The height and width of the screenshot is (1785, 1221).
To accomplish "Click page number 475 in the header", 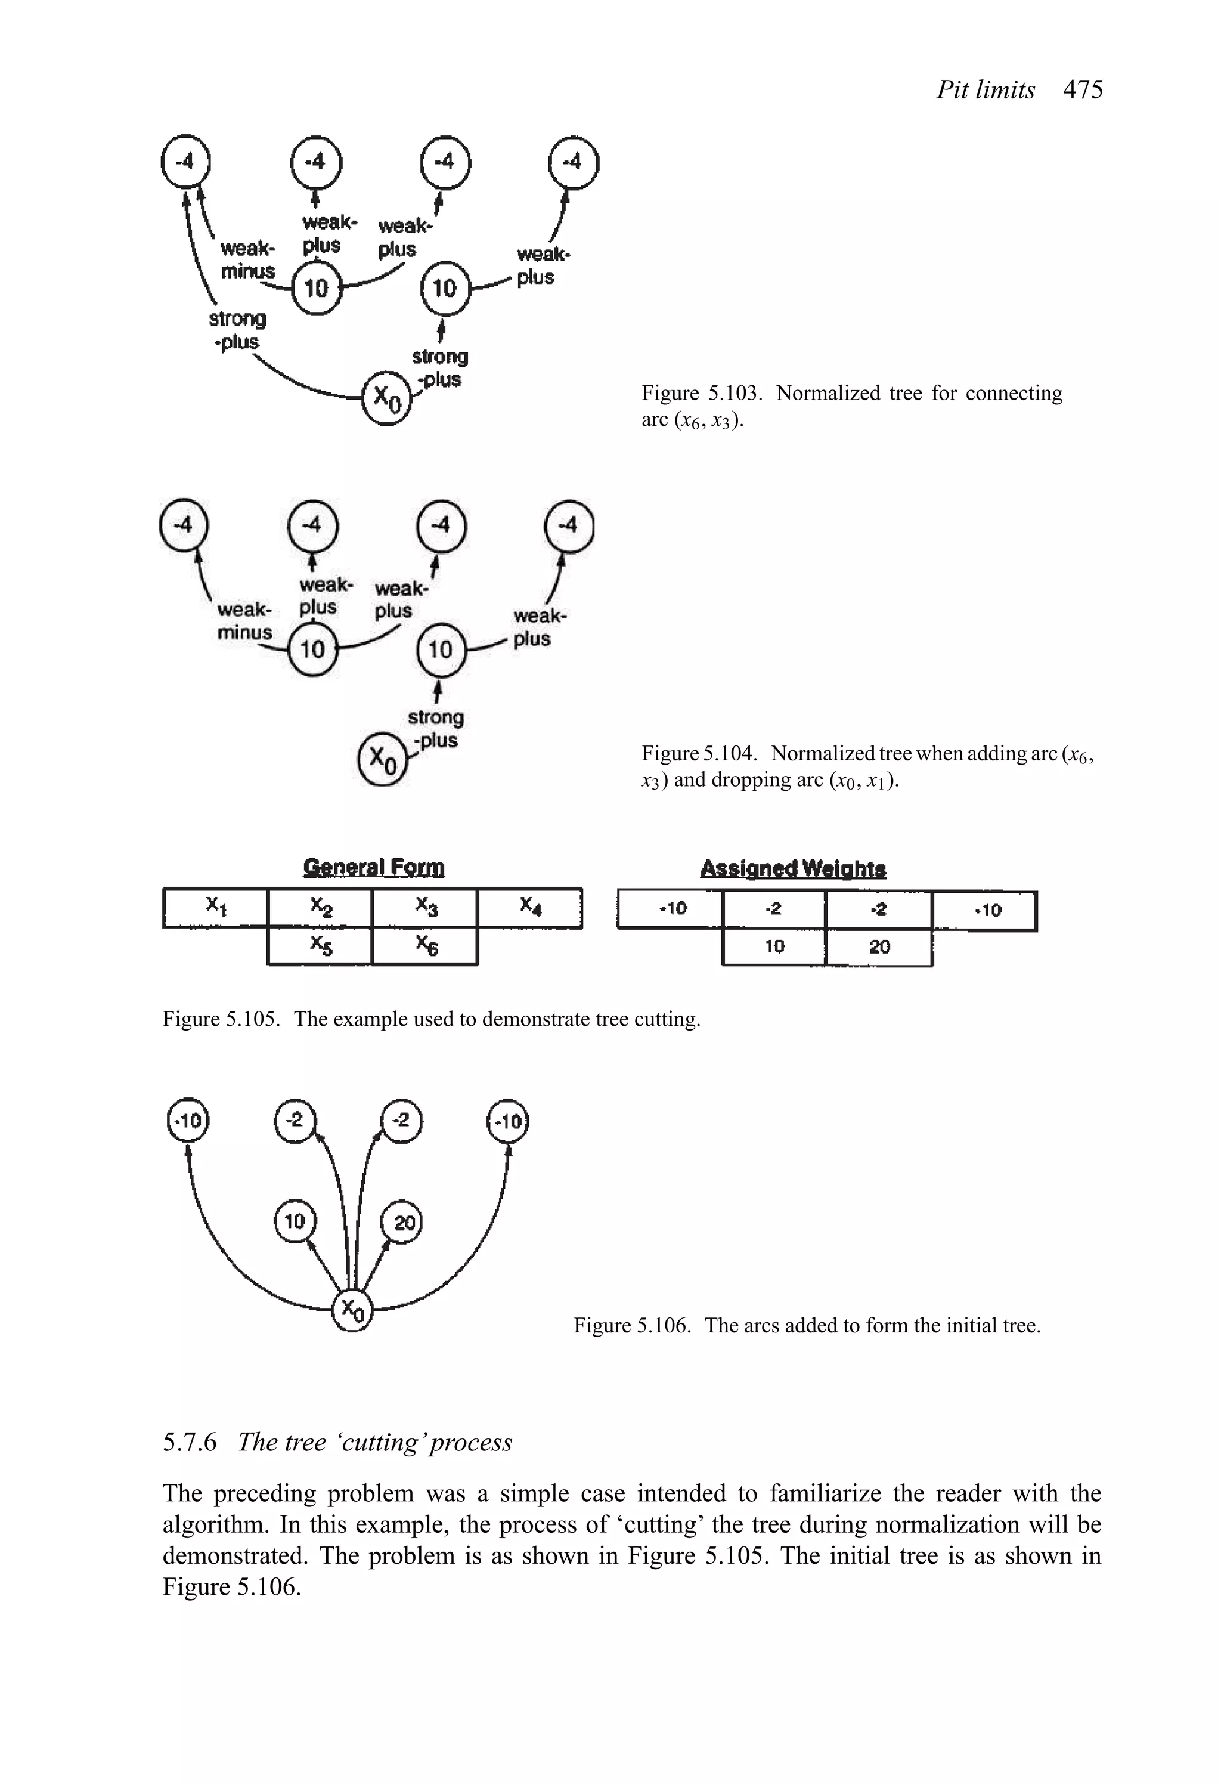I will pos(1082,90).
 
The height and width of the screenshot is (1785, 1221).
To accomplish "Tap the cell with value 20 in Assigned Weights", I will pos(879,946).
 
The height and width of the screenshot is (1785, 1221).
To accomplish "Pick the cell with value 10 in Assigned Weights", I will pos(774,946).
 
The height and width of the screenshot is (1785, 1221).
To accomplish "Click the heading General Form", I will pos(373,867).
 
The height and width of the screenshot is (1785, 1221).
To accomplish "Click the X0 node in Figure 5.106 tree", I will pos(352,1310).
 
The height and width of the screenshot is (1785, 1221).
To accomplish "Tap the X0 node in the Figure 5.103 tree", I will pos(386,398).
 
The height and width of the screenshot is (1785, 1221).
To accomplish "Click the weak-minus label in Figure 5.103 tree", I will pos(247,259).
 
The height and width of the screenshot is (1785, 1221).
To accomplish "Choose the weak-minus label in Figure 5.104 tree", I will pos(244,621).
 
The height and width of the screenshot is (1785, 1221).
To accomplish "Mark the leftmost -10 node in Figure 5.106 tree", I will pos(188,1121).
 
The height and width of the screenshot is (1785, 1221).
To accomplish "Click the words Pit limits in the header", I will pos(986,90).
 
